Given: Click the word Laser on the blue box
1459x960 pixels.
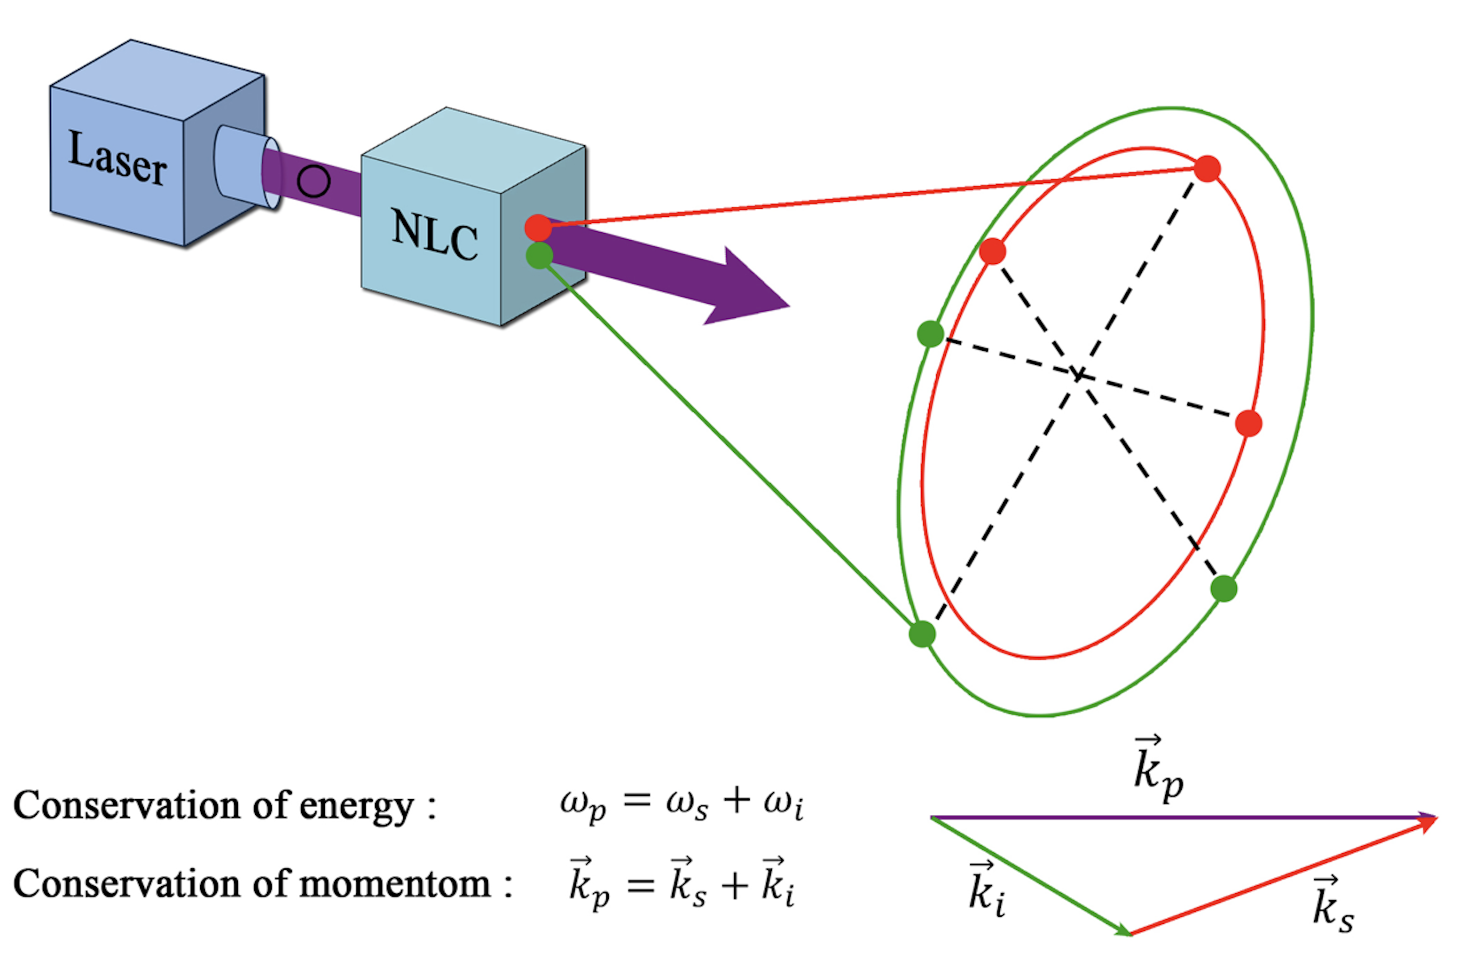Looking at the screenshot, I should coord(117,157).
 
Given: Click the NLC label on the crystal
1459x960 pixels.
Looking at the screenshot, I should coord(434,235).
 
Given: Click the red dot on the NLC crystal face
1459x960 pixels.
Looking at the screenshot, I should coord(538,228).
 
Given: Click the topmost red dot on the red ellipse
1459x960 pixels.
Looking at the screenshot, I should coord(1207,169).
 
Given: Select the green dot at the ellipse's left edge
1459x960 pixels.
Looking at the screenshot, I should coord(930,334).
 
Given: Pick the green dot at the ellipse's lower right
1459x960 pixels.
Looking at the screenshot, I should coord(1224,589).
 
